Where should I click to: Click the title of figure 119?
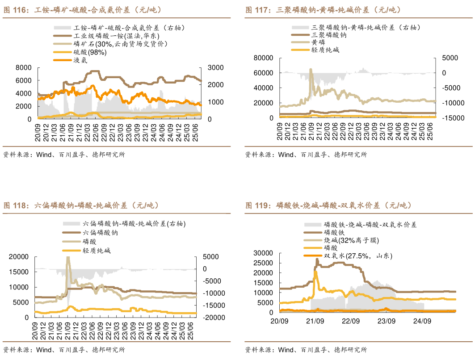click(328, 205)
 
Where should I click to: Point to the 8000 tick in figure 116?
click(23, 67)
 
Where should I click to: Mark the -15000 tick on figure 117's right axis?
click(452, 118)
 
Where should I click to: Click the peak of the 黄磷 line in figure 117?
click(311, 69)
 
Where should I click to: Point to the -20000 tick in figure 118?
click(212, 317)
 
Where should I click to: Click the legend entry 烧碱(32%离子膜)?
click(351, 240)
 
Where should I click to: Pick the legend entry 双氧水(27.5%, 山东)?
click(358, 256)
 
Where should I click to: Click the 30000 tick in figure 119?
click(263, 253)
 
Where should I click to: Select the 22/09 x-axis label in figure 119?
click(351, 321)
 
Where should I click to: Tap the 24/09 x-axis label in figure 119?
click(422, 321)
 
